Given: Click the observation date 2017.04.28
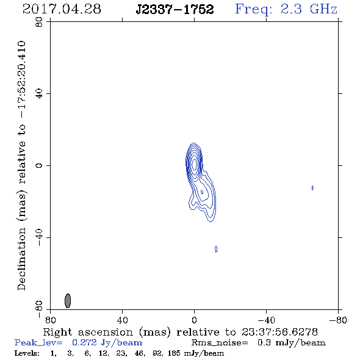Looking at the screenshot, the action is point(62,9).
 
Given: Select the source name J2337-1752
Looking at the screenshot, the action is point(175,9).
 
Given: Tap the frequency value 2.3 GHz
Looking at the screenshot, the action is point(309,9).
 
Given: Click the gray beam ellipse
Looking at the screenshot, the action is point(68,301).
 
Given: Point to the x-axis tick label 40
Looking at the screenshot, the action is point(122,320).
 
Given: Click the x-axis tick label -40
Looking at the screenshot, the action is point(266,320).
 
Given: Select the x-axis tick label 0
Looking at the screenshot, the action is point(194,320).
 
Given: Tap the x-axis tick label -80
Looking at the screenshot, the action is point(338,320).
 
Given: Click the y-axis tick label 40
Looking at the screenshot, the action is point(39,94).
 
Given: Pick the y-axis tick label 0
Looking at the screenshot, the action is point(39,165).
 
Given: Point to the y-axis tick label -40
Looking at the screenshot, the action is point(39,237).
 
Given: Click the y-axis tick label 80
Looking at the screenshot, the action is point(39,22).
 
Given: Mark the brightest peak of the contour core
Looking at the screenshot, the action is point(195,164).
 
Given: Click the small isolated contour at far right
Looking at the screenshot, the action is point(312,188).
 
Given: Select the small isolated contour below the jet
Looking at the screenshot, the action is point(216,249).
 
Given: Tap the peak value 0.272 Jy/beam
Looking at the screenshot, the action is point(107,343).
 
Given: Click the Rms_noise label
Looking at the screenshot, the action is point(220,343).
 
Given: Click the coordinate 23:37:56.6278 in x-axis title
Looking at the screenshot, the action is point(279,332).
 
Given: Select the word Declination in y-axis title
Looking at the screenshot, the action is point(21,259).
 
